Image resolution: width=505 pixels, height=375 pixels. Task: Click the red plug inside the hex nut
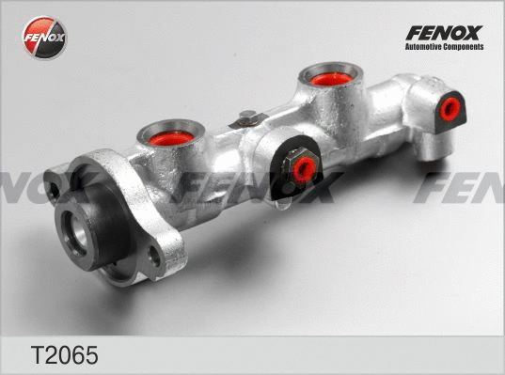304,170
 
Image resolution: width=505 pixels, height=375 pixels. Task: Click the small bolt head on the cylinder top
247,117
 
